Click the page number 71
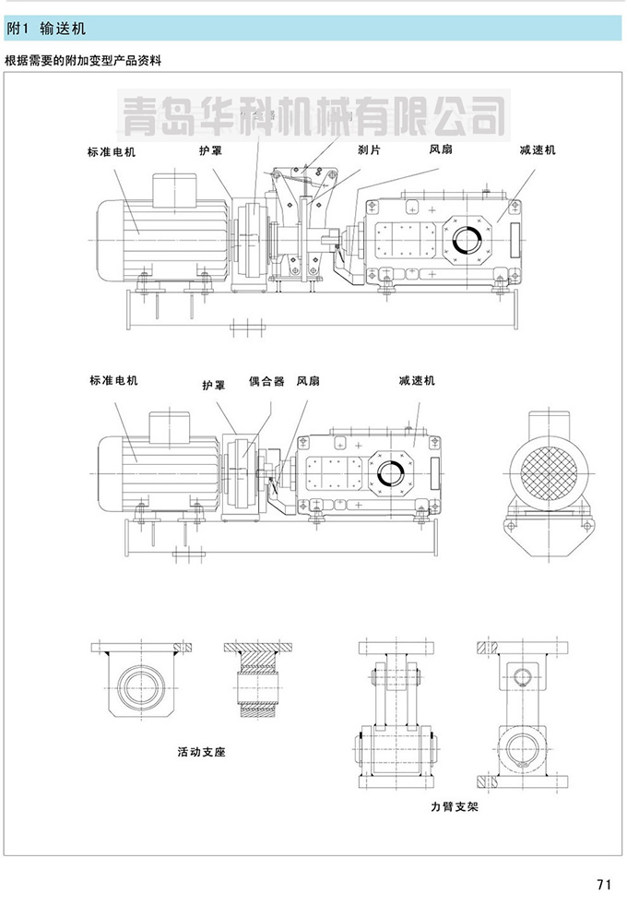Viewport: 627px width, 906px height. point(604,884)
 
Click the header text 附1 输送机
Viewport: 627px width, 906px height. point(45,29)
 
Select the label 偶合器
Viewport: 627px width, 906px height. point(266,379)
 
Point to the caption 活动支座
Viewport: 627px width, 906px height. point(202,751)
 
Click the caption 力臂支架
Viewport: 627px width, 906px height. point(453,805)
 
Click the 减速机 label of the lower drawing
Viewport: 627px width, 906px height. point(417,380)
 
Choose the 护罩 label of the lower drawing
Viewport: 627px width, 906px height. point(214,386)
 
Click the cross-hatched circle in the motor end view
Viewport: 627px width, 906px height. point(543,470)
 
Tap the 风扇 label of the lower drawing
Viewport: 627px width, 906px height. point(308,379)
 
